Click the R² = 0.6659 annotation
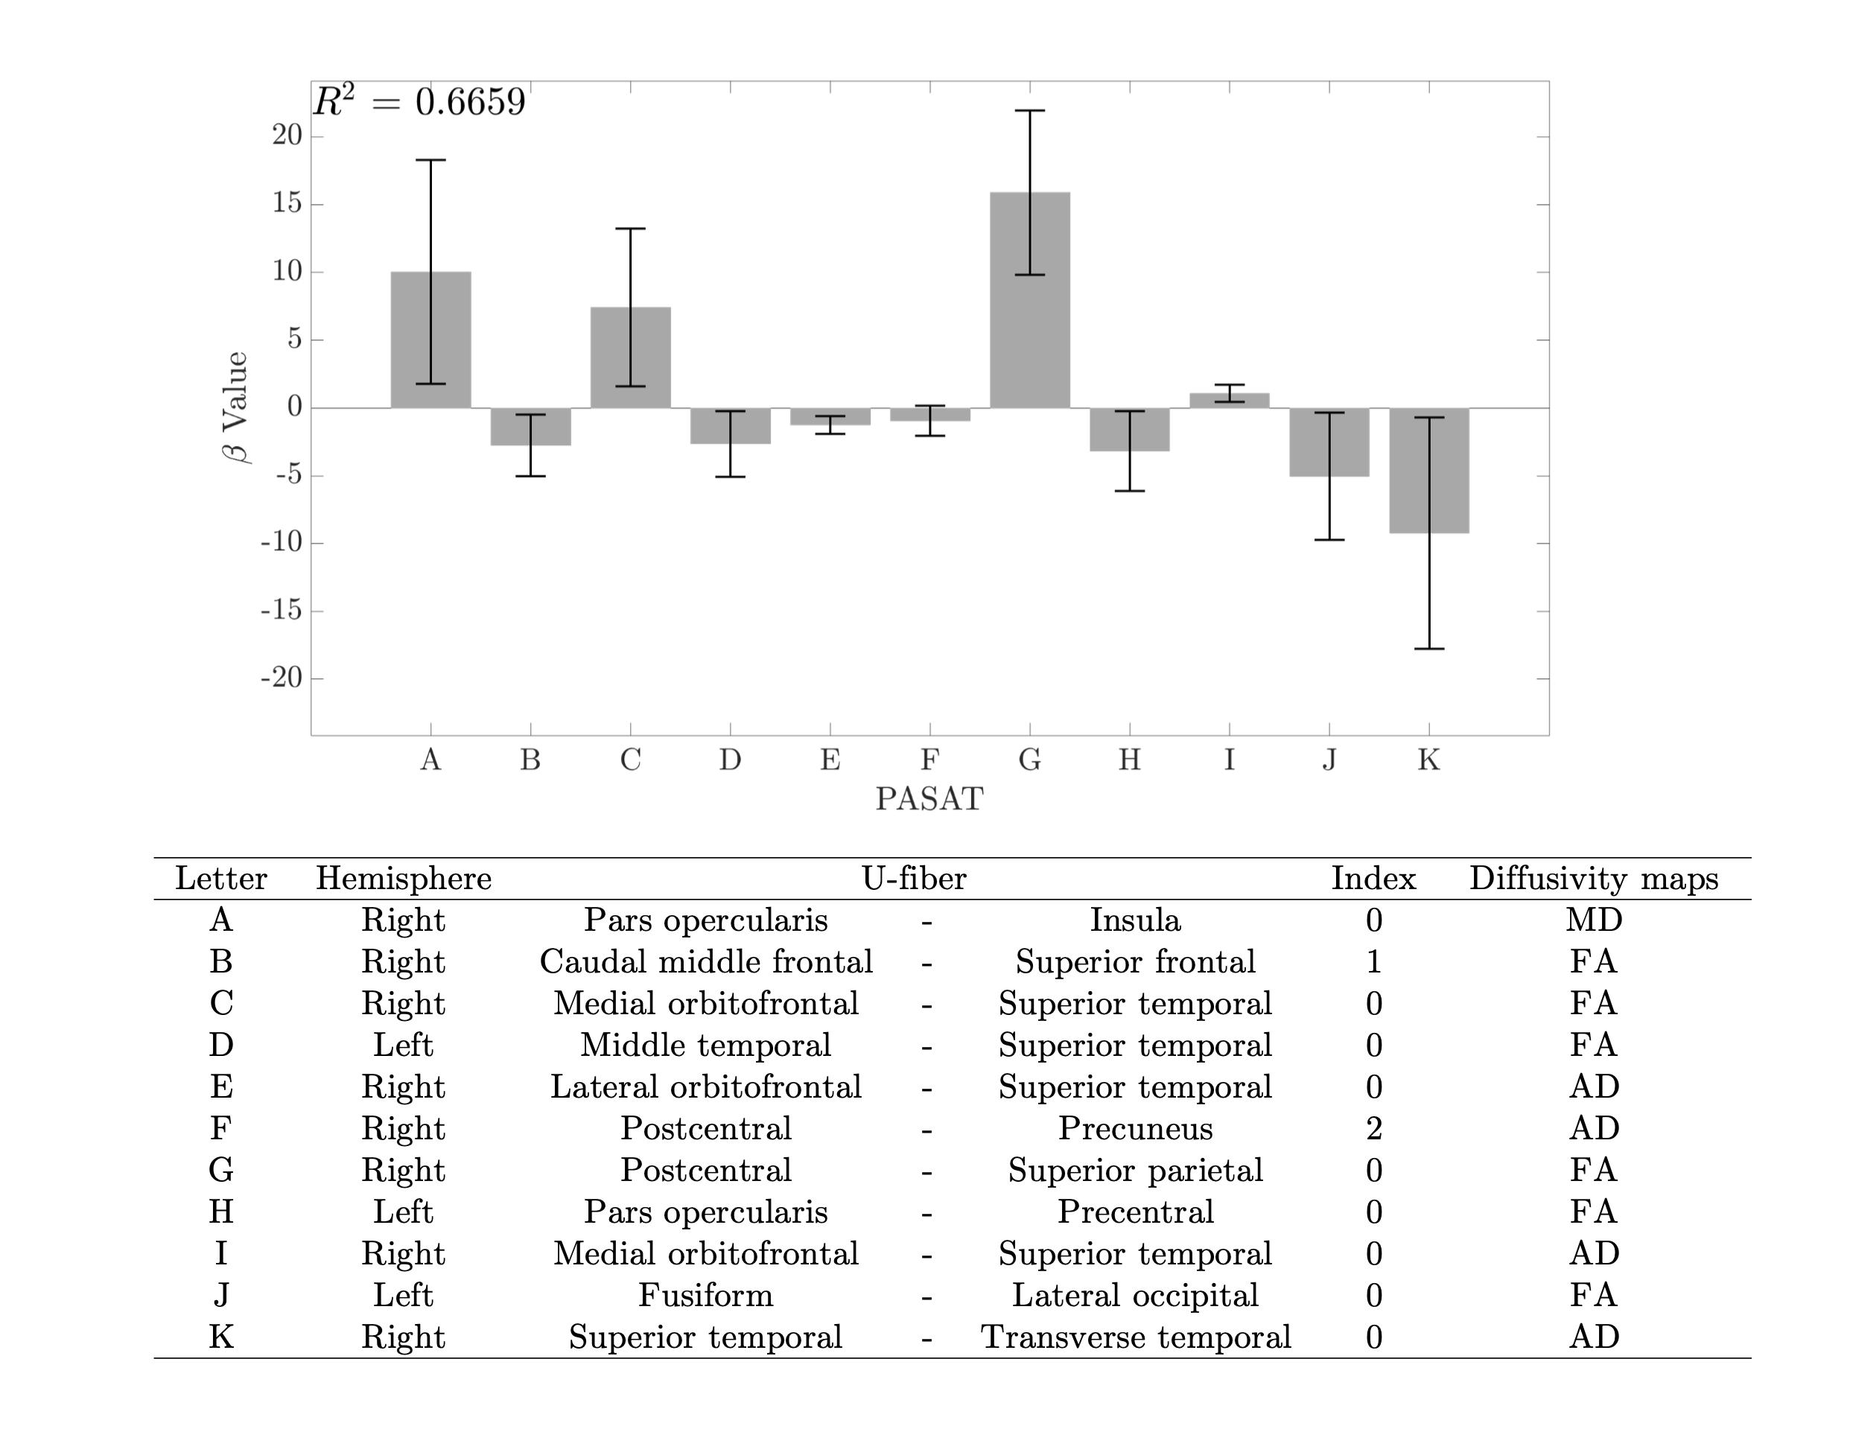point(419,103)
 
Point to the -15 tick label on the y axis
point(282,611)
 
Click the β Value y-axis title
point(235,407)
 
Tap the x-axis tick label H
point(1129,760)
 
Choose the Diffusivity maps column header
point(1593,879)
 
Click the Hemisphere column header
point(403,879)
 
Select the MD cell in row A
point(1593,920)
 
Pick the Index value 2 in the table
point(1373,1129)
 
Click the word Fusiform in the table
point(705,1296)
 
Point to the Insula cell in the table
point(1135,920)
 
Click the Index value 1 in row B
point(1373,962)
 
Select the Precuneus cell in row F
point(1135,1129)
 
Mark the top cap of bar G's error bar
point(1029,111)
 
